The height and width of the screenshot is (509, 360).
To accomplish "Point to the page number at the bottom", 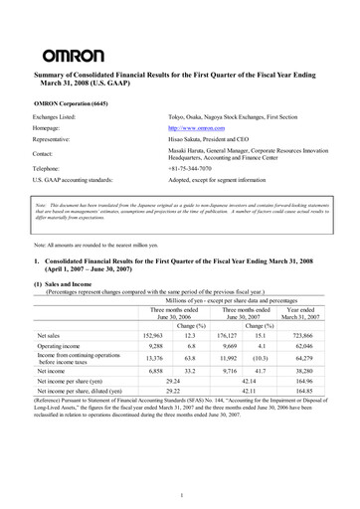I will click(180, 494).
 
